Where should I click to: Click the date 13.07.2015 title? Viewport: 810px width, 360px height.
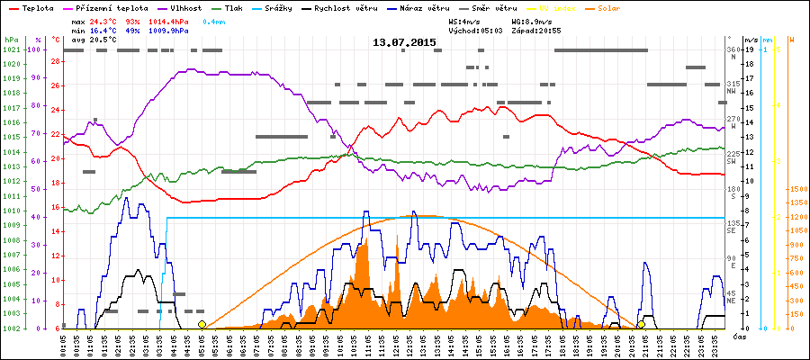coord(404,42)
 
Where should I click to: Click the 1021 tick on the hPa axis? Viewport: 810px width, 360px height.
coord(11,49)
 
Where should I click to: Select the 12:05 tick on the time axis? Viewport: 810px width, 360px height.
coord(397,346)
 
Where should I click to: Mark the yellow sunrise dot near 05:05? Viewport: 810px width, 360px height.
coord(202,325)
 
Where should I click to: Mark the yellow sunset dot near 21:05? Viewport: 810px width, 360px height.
coord(641,325)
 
